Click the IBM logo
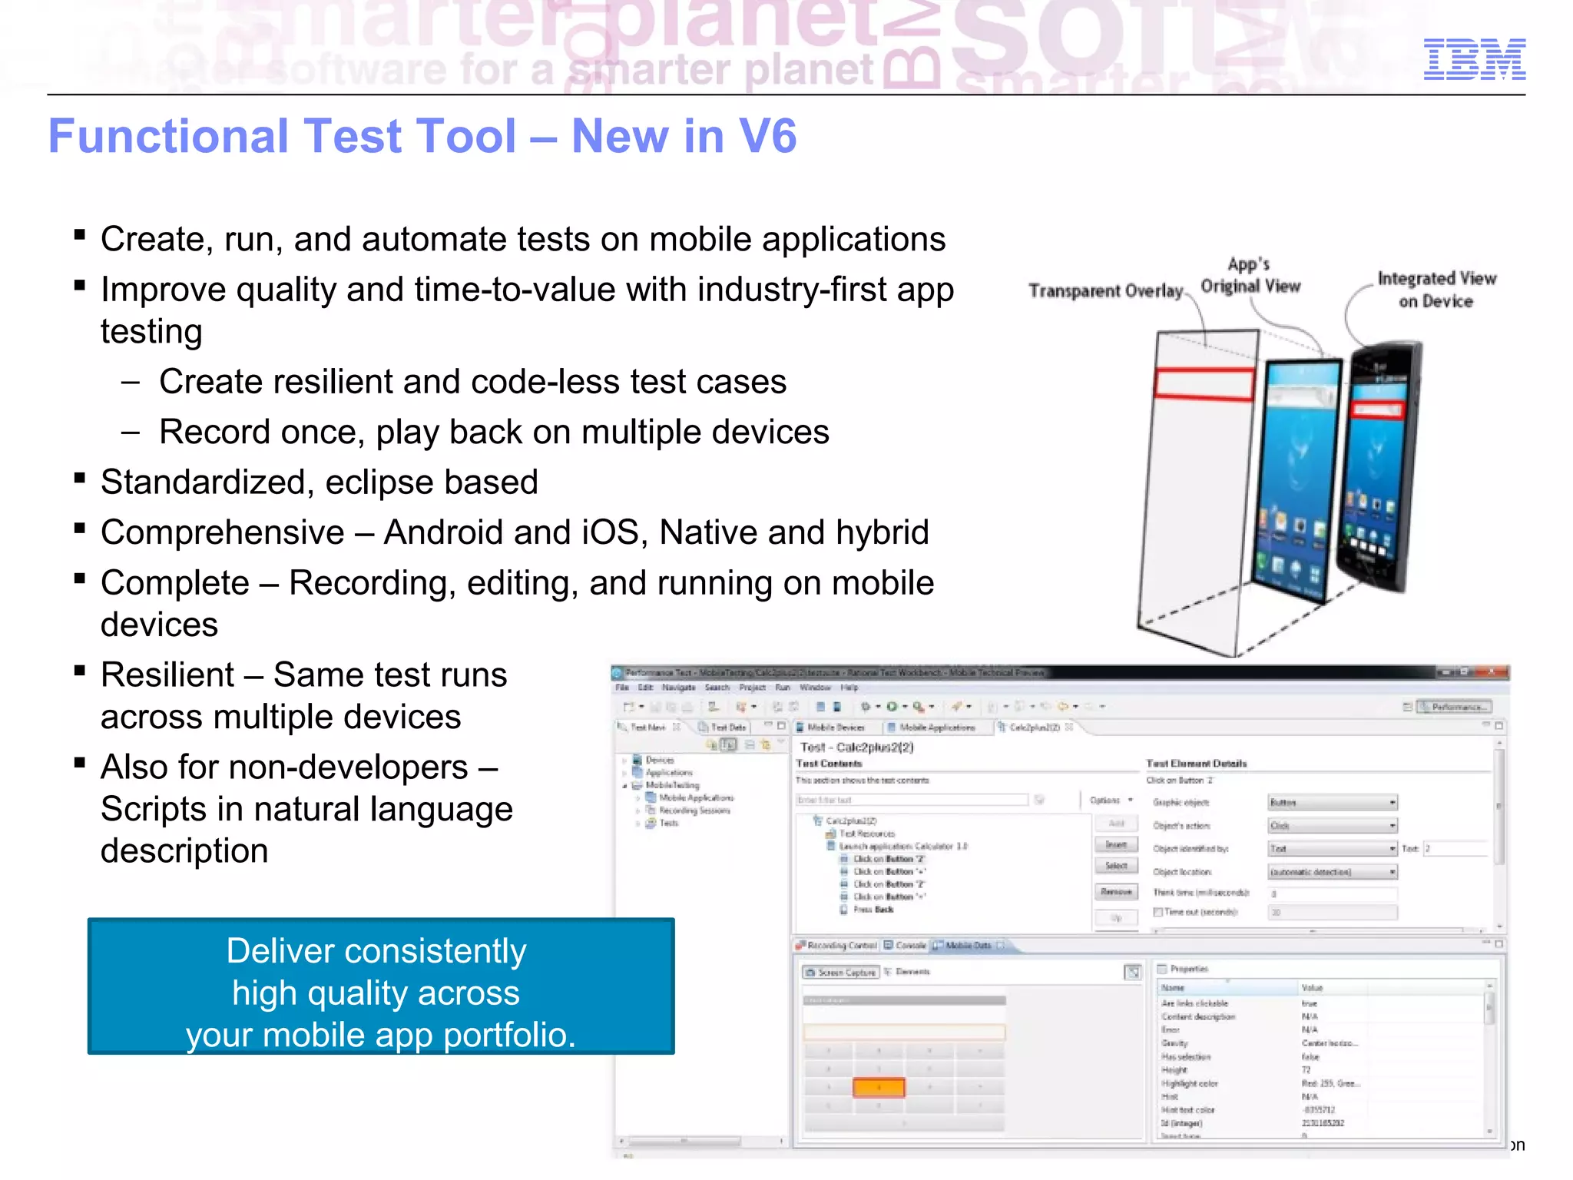click(x=1474, y=59)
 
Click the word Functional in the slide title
click(x=164, y=137)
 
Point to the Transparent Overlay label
click(x=1105, y=291)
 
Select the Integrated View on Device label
click(x=1436, y=290)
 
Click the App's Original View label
click(x=1250, y=276)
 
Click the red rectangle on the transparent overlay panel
click(x=1204, y=384)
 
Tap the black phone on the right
click(x=1379, y=469)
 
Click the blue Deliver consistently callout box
click(x=381, y=986)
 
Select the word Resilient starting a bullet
click(x=167, y=675)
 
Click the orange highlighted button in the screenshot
click(x=879, y=1087)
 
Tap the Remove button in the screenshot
click(x=1116, y=892)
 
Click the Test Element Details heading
click(x=1196, y=764)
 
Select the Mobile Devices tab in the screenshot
click(x=835, y=727)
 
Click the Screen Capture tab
click(x=841, y=973)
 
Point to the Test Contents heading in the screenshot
click(x=829, y=764)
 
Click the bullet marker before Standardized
click(x=80, y=479)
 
